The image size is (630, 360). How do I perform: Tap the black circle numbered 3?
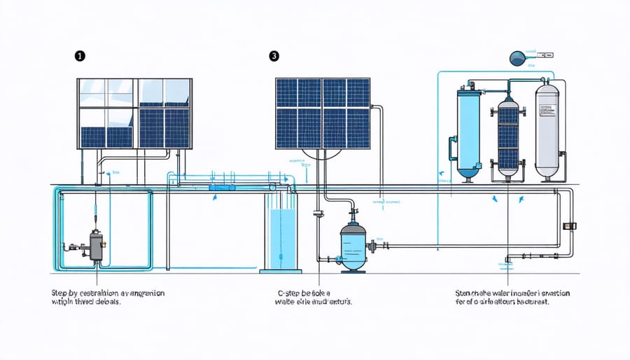pyautogui.click(x=274, y=56)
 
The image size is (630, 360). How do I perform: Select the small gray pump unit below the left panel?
pyautogui.click(x=94, y=246)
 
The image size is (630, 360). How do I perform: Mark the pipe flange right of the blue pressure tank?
pyautogui.click(x=384, y=246)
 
